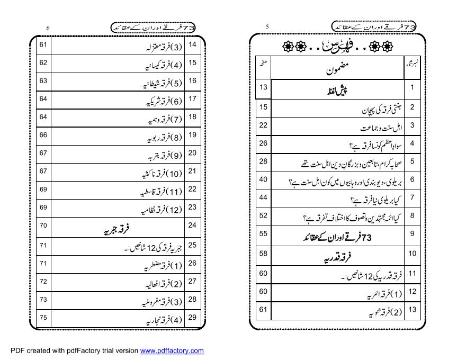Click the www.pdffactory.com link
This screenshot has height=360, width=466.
point(172,351)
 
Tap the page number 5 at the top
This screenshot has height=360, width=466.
point(267,26)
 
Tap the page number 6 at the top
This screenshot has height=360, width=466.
point(48,28)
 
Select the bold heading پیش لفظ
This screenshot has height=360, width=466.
point(337,90)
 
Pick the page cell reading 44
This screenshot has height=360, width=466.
point(263,197)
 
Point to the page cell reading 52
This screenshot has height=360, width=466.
point(263,215)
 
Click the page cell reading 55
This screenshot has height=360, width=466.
point(263,233)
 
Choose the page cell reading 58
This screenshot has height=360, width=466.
point(263,254)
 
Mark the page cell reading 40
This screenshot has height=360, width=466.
point(263,179)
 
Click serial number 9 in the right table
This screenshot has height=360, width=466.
point(411,233)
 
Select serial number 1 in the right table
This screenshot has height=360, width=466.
point(411,87)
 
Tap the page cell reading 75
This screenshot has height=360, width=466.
point(43,318)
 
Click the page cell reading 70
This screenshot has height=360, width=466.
point(43,226)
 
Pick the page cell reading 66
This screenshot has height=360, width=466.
point(43,135)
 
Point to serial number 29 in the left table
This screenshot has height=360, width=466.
point(192,318)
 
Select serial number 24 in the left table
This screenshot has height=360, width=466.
point(192,226)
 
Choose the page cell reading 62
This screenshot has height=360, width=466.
point(43,63)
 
